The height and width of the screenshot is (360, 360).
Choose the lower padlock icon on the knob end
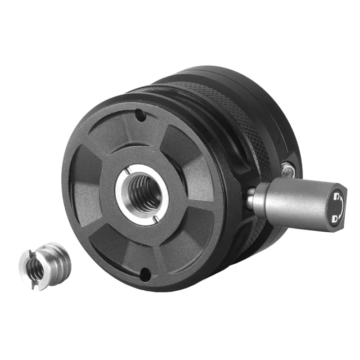335,219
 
